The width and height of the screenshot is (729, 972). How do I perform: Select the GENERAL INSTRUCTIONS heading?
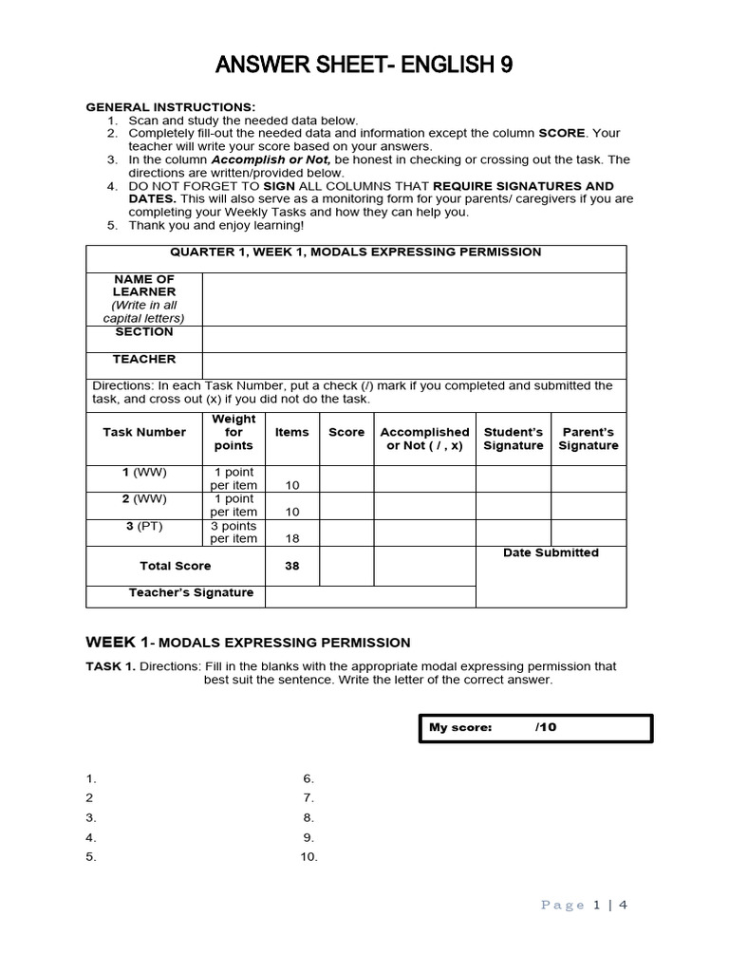pyautogui.click(x=171, y=107)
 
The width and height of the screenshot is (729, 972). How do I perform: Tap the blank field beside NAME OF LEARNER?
pyautogui.click(x=414, y=299)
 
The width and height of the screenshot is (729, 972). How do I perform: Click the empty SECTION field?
pyautogui.click(x=414, y=339)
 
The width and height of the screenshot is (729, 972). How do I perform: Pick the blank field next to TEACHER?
pyautogui.click(x=414, y=365)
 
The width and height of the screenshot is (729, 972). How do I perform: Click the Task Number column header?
pyautogui.click(x=144, y=433)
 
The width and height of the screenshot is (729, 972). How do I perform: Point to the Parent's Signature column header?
pyautogui.click(x=588, y=439)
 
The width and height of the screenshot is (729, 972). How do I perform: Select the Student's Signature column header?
pyautogui.click(x=513, y=439)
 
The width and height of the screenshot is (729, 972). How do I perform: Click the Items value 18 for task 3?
pyautogui.click(x=292, y=538)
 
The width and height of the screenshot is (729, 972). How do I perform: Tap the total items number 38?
pyautogui.click(x=292, y=566)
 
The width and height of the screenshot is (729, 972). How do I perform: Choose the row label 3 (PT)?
pyautogui.click(x=144, y=526)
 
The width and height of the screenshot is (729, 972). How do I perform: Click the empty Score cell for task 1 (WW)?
pyautogui.click(x=346, y=478)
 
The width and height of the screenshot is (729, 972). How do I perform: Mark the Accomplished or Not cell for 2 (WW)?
pyautogui.click(x=424, y=505)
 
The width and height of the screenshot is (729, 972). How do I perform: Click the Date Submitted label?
pyautogui.click(x=551, y=552)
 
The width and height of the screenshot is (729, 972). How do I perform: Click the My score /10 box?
pyautogui.click(x=535, y=728)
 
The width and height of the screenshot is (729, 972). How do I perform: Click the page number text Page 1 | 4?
pyautogui.click(x=584, y=905)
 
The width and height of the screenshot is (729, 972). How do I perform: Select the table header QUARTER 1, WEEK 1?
pyautogui.click(x=356, y=252)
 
